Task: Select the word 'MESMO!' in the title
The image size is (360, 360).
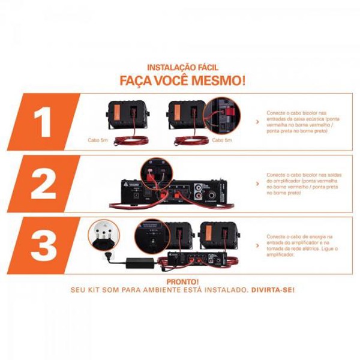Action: point(221,80)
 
